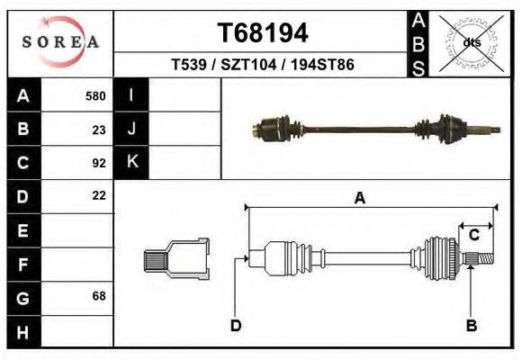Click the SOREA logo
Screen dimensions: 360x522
point(60,41)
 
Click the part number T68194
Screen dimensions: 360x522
point(263,33)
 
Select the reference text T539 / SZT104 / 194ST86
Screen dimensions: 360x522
point(262,66)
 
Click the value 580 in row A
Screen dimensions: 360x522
point(95,96)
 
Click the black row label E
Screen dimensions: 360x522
point(23,230)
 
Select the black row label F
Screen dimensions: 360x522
point(23,264)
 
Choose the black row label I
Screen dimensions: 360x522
point(131,96)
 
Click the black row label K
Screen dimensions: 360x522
point(131,163)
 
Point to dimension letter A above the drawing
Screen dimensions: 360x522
point(359,199)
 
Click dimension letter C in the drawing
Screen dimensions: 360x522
point(473,235)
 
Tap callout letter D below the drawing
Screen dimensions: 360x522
point(235,325)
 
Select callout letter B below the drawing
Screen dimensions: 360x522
point(471,325)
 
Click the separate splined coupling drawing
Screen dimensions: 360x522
point(176,259)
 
